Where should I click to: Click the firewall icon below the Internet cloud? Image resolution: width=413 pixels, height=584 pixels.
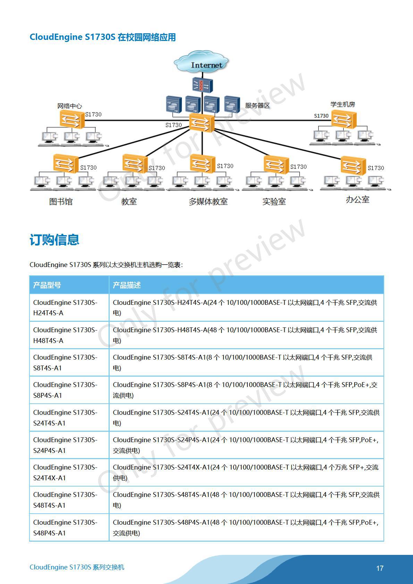[202, 85]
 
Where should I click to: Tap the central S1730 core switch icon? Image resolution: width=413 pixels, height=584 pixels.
[202, 122]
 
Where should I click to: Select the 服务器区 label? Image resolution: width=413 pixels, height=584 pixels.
[257, 105]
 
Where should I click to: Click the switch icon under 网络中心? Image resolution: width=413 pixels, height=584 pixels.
[72, 119]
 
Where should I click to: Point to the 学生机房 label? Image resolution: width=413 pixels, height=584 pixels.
[342, 104]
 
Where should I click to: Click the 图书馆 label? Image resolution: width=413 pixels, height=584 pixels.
[61, 201]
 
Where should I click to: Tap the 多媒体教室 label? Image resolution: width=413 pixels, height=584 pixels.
[208, 201]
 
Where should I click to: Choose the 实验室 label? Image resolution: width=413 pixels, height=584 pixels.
[274, 201]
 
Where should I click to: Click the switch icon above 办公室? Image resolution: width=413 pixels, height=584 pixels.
[353, 166]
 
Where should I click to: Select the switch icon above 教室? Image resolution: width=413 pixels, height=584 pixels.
[135, 164]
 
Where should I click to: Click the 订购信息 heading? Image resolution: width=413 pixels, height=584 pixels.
[54, 240]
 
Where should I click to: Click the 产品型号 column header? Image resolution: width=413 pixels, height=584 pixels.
[47, 285]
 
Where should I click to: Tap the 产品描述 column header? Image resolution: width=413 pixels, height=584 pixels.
[127, 285]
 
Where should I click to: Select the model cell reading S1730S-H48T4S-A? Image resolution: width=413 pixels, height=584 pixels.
[65, 335]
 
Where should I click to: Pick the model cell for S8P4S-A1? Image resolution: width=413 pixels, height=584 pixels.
[65, 390]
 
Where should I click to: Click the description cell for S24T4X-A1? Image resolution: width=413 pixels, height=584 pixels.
[246, 472]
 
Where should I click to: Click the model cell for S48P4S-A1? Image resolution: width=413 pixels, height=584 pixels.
[65, 527]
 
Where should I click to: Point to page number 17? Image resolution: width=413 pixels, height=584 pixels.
[380, 568]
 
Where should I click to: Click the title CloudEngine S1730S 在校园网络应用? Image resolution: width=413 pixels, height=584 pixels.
[103, 37]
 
